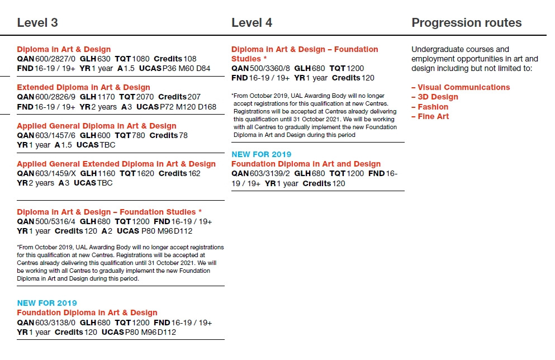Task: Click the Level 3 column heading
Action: tap(37, 23)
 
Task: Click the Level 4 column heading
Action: tap(252, 23)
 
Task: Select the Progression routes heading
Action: tap(466, 23)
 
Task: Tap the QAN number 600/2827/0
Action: tap(55, 59)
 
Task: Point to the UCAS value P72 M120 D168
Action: tap(189, 107)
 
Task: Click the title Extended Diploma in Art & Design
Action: tap(83, 87)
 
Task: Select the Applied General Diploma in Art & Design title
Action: tap(96, 126)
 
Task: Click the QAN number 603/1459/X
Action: tap(55, 174)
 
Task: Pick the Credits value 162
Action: tap(194, 174)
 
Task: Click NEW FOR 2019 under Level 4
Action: tap(261, 154)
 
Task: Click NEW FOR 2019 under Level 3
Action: tap(47, 303)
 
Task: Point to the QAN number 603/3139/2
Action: tap(270, 174)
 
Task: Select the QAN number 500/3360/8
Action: tap(270, 68)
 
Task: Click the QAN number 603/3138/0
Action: tap(55, 323)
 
